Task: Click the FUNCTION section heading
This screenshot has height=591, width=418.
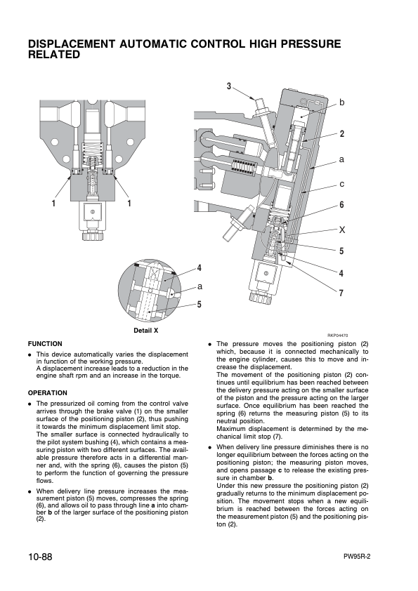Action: [x=45, y=343]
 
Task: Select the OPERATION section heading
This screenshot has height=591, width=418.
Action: [x=48, y=393]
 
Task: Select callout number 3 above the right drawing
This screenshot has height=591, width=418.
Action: [x=229, y=86]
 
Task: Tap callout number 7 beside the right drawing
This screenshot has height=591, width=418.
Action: [x=341, y=293]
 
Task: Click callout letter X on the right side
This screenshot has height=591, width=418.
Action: [x=342, y=230]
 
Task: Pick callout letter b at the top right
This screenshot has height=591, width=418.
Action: [x=341, y=103]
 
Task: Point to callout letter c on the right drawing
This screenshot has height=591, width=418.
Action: [x=341, y=184]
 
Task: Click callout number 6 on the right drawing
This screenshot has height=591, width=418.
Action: [x=341, y=205]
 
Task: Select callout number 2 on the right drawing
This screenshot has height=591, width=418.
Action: [x=341, y=133]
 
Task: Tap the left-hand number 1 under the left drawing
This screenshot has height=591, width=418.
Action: [x=53, y=204]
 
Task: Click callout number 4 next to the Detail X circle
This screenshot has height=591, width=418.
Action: [x=200, y=268]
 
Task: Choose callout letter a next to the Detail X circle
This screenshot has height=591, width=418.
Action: [x=200, y=286]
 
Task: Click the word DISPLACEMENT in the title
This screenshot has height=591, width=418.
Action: [x=77, y=44]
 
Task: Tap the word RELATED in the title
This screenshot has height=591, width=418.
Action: [x=54, y=55]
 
